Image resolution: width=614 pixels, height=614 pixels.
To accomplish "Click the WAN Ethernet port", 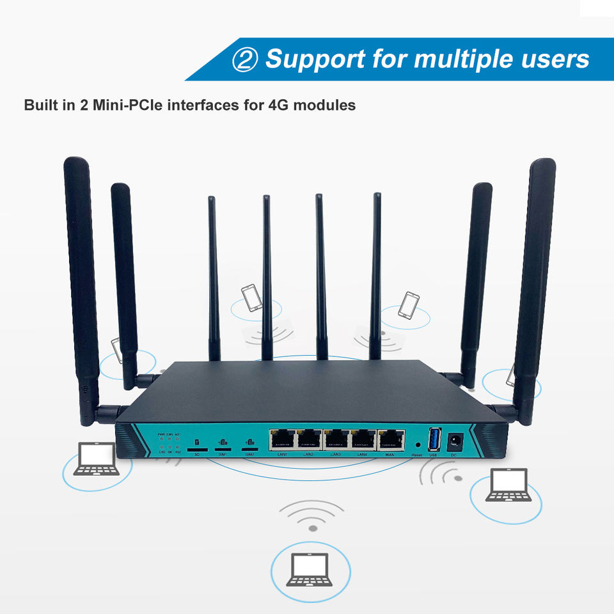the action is click(x=391, y=441).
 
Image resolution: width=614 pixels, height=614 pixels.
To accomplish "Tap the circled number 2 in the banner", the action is click(x=244, y=60).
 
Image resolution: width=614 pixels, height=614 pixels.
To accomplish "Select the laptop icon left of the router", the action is click(x=97, y=459).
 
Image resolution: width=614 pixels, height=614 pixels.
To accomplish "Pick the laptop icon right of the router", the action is click(x=508, y=485).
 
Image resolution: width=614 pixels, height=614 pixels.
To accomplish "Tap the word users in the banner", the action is click(x=553, y=59).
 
